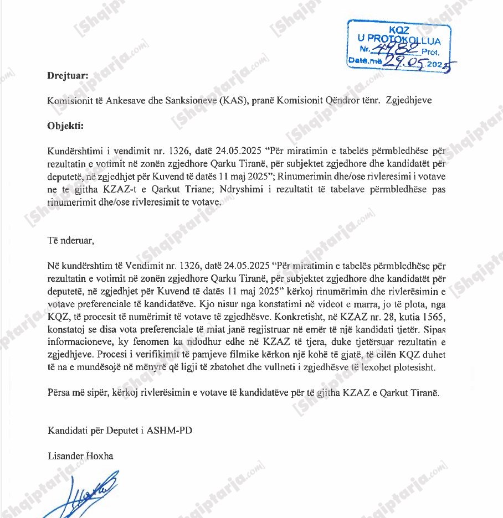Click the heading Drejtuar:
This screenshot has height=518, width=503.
click(x=68, y=76)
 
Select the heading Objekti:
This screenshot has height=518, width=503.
click(x=65, y=125)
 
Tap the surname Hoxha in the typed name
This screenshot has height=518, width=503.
click(x=101, y=456)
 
